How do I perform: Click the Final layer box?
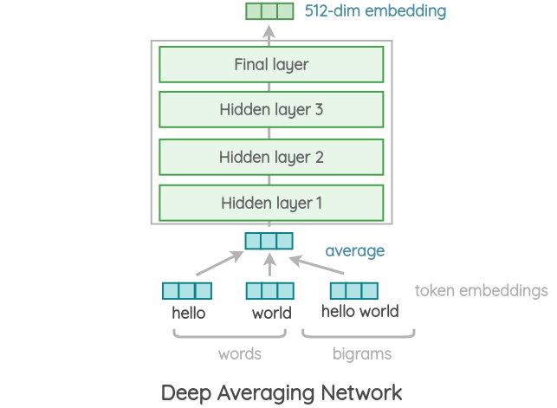point(271,64)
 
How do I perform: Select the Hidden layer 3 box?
point(271,110)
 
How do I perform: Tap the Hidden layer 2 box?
point(271,157)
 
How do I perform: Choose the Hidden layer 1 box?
point(271,204)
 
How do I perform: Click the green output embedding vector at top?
point(269,11)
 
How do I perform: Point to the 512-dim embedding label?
point(375,11)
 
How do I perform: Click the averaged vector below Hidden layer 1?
point(269,240)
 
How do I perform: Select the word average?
point(354,251)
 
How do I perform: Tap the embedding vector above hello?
point(187,291)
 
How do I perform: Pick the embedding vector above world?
point(270,291)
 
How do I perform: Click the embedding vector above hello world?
point(354,290)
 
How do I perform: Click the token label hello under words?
point(189,313)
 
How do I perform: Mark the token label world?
point(272,313)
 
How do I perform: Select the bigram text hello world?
point(359,311)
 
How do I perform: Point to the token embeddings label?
point(481,290)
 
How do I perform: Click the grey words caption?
point(239,353)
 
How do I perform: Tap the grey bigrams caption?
point(361,353)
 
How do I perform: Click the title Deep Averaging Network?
point(282,391)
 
